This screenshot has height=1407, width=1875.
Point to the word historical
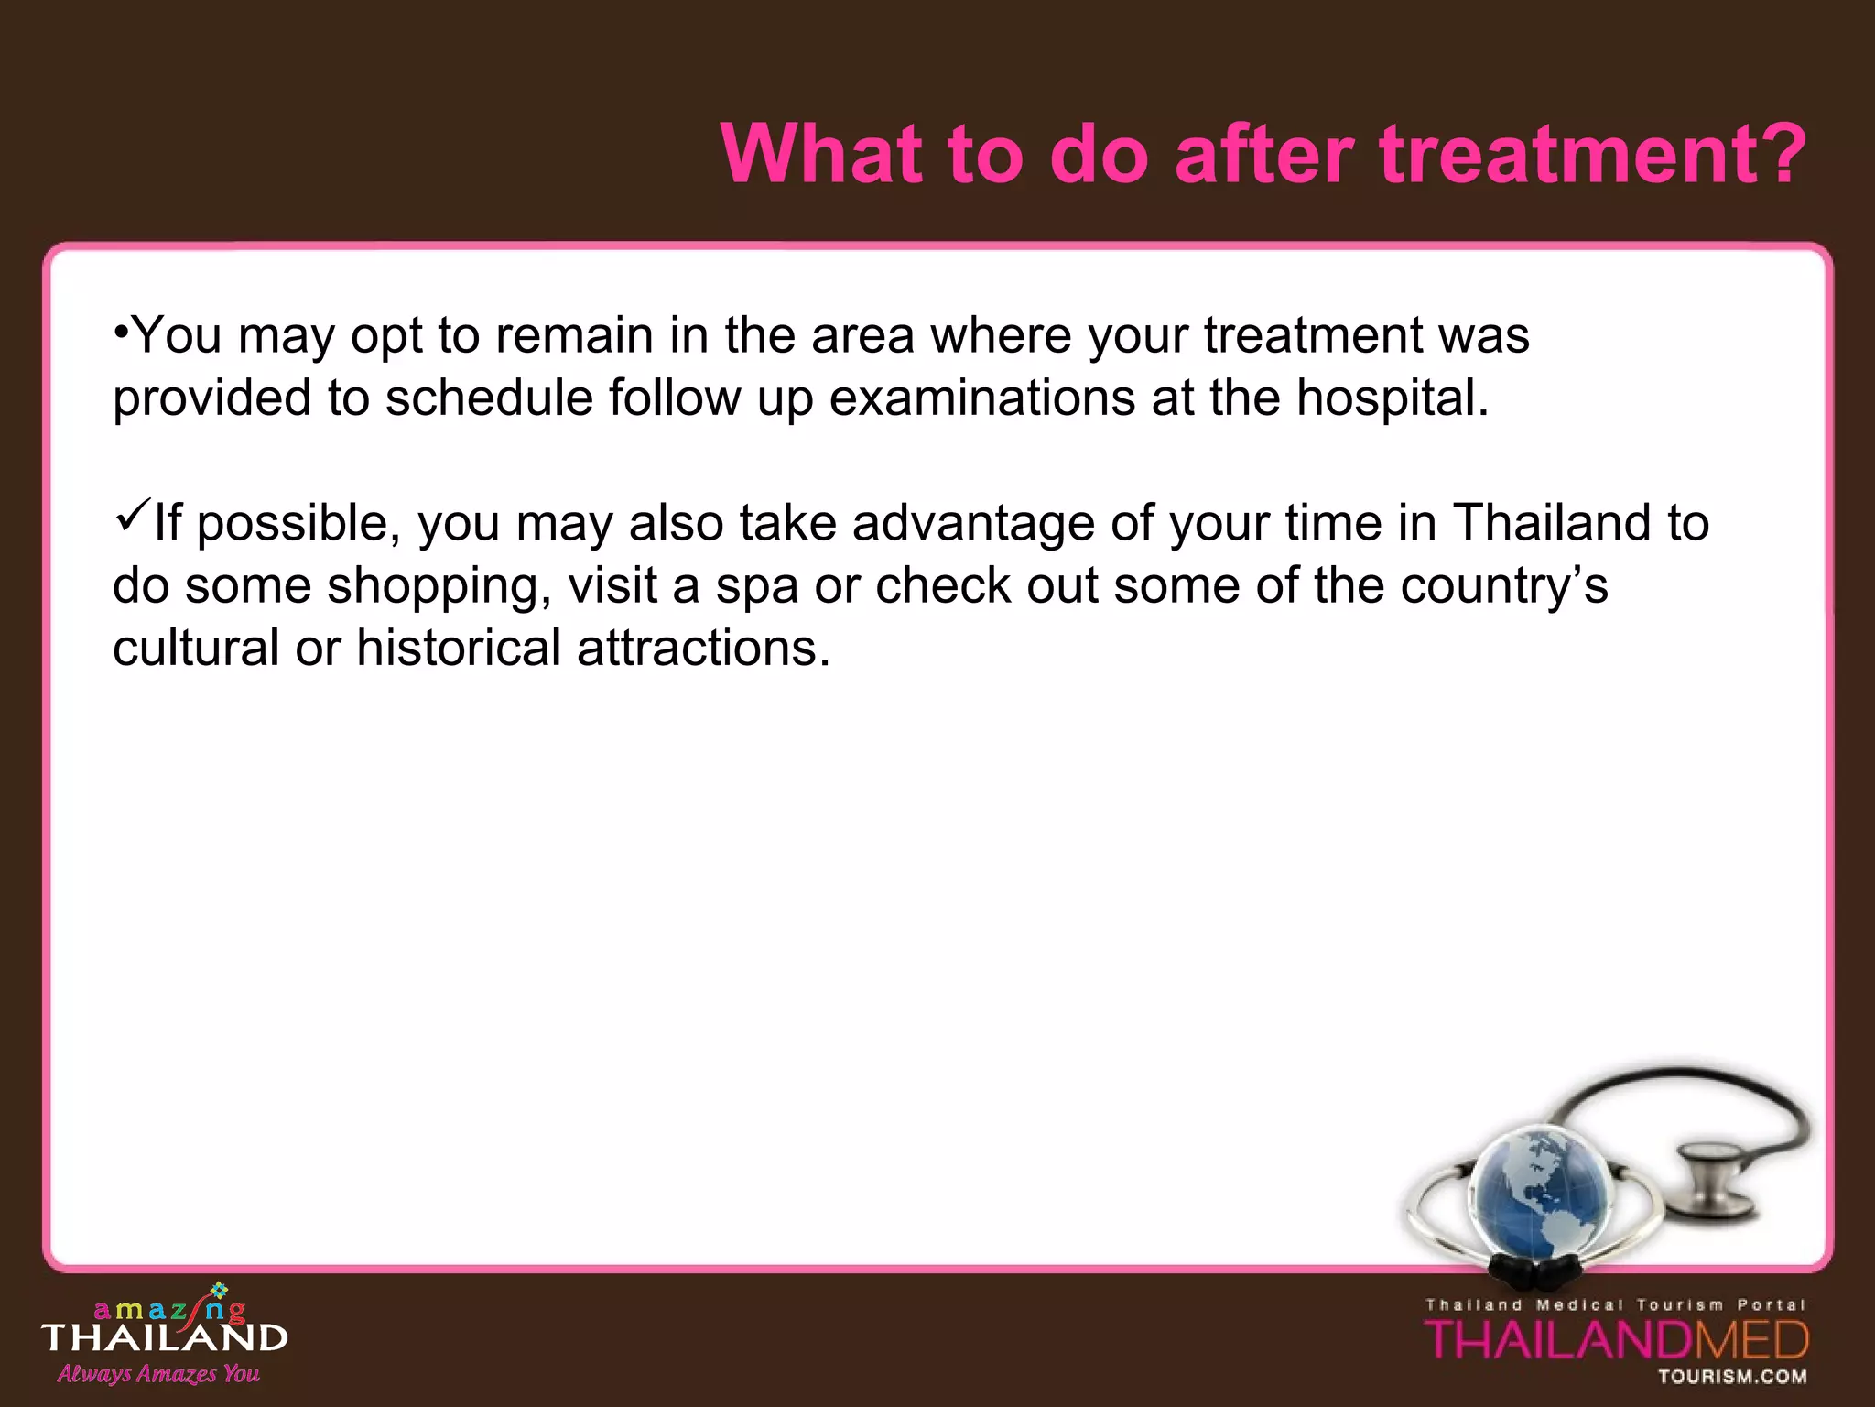458,649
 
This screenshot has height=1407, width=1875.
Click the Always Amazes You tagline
158,1374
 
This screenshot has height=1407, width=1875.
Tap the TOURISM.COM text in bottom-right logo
1732,1377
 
